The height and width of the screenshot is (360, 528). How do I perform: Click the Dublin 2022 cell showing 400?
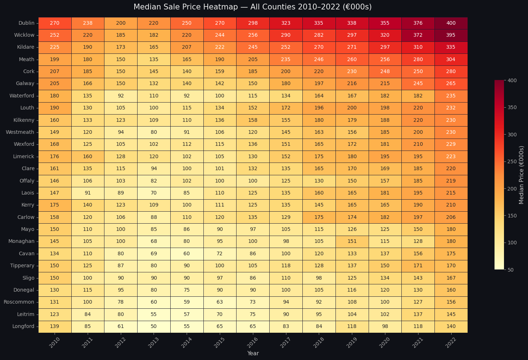(451, 23)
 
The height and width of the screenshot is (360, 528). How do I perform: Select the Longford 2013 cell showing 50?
(154, 327)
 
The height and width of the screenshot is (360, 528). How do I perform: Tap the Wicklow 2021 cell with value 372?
(418, 35)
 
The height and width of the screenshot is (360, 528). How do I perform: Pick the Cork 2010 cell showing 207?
(55, 72)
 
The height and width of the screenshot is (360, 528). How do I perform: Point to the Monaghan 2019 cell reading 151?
(352, 241)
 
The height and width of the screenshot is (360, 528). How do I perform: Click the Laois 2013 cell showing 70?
(154, 193)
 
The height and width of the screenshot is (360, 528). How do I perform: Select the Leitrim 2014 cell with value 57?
(187, 314)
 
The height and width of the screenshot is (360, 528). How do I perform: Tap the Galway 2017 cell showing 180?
(286, 84)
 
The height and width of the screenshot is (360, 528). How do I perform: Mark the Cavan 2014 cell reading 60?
(187, 253)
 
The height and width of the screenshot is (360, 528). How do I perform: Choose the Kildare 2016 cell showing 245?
(253, 47)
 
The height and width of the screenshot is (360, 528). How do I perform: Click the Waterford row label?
(22, 96)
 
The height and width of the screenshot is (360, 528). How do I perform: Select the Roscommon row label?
(19, 302)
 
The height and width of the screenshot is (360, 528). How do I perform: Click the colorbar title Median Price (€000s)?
(521, 175)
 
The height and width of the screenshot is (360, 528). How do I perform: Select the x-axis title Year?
(253, 353)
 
